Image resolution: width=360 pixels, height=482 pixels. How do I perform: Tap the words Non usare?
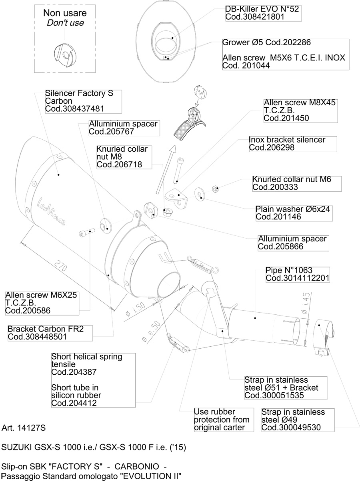[x=65, y=13]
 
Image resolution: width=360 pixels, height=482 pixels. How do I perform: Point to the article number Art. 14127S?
[x=24, y=428]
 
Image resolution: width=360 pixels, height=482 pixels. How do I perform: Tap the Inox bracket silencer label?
[x=287, y=144]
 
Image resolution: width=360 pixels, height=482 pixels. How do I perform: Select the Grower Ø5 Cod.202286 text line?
[x=267, y=42]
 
